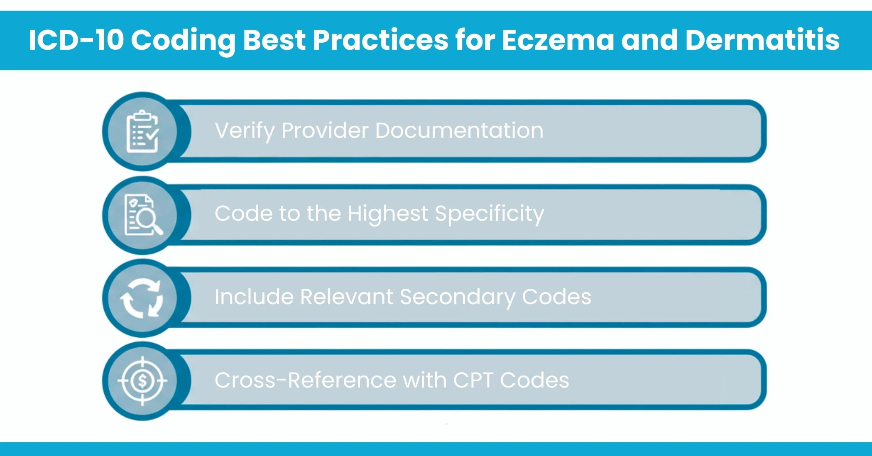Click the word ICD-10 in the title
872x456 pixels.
[76, 40]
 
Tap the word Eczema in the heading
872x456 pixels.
[558, 40]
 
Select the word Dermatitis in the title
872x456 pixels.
[762, 40]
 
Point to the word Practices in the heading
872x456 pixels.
[380, 40]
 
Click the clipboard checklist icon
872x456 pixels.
[142, 132]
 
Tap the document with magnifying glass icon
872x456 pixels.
[142, 215]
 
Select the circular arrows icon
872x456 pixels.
[142, 298]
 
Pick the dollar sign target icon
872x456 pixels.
[142, 381]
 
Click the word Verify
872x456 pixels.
[245, 131]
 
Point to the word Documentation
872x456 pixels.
[459, 131]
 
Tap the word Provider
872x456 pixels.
[325, 131]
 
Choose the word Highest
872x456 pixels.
[387, 214]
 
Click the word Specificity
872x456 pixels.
[489, 214]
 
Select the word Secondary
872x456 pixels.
[457, 297]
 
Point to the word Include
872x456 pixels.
[254, 297]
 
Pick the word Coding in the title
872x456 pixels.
[183, 40]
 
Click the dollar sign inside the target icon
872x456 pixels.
[142, 381]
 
